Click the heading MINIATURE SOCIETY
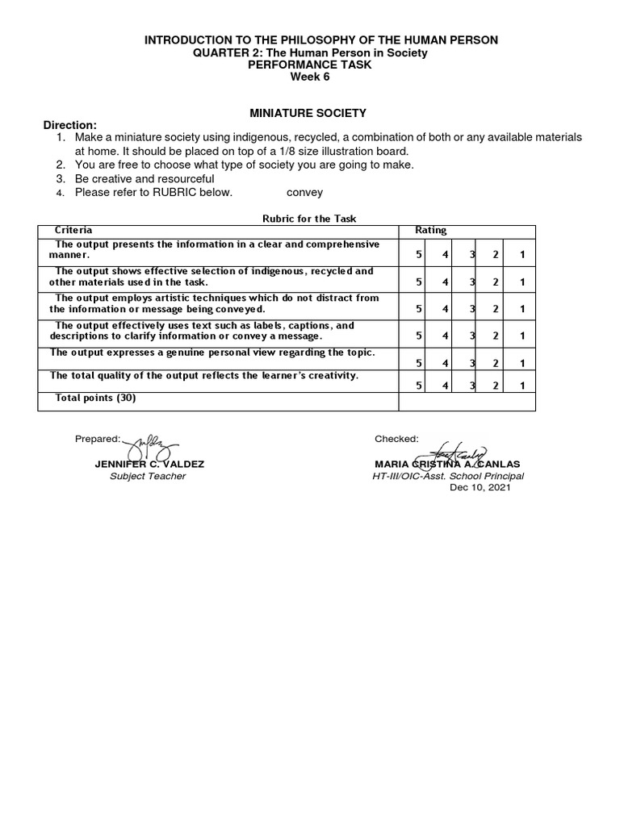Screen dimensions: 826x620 click(309, 113)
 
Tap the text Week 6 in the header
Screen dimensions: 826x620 click(309, 77)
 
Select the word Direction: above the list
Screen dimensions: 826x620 click(69, 125)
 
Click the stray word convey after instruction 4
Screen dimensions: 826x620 click(304, 192)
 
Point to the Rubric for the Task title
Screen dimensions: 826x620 click(309, 219)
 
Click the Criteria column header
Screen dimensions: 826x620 click(73, 231)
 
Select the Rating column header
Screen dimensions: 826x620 click(430, 231)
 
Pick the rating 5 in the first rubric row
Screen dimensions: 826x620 click(419, 255)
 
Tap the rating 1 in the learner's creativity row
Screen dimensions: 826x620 click(522, 386)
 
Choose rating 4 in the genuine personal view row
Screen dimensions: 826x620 click(446, 363)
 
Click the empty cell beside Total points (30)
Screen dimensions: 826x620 click(467, 401)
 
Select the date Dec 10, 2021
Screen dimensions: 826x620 click(480, 488)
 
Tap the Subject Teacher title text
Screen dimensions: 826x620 click(148, 477)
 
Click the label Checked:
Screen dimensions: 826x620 click(396, 439)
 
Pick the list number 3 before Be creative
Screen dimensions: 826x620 click(61, 178)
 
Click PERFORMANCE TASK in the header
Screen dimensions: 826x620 click(309, 65)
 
